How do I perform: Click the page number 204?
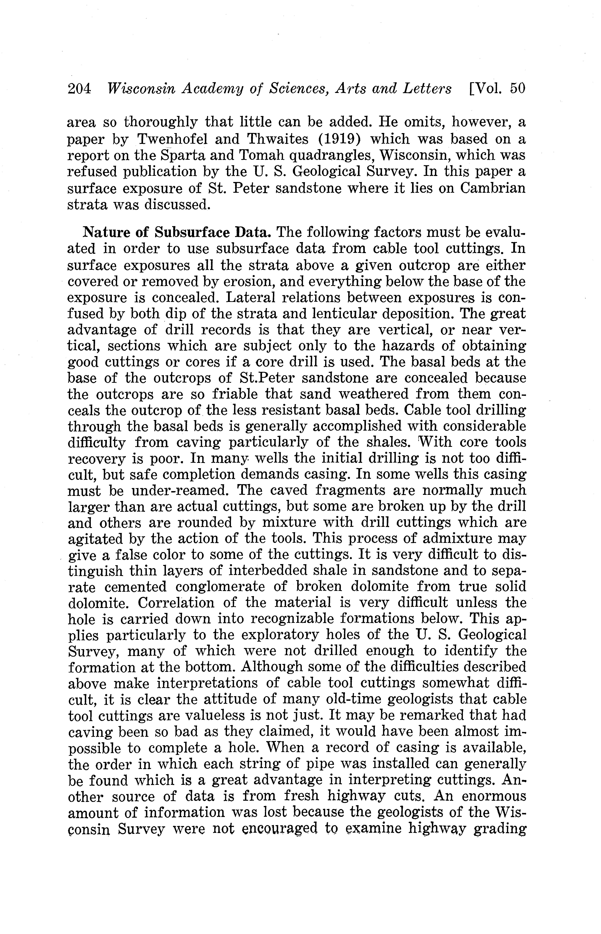pyautogui.click(x=79, y=89)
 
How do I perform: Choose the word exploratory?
pyautogui.click(x=279, y=635)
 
